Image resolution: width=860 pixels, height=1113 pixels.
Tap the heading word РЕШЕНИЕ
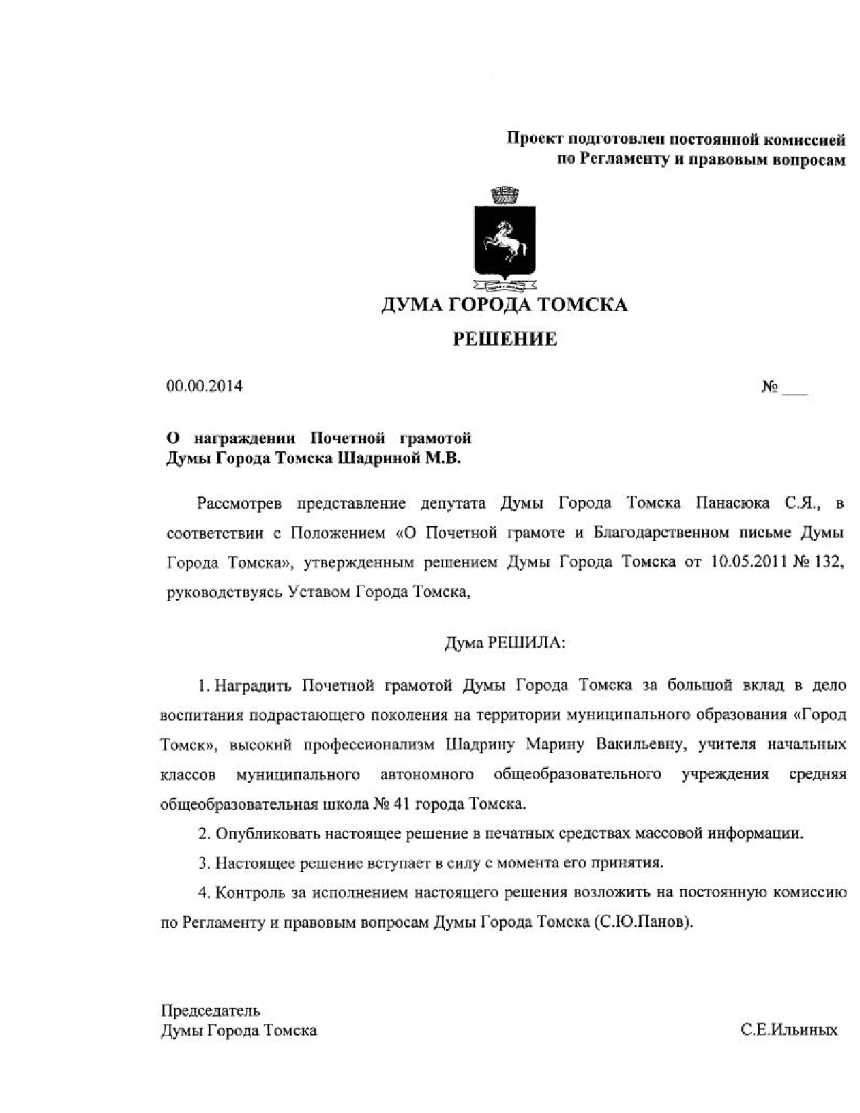(x=505, y=339)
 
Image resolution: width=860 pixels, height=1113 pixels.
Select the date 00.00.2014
(x=204, y=387)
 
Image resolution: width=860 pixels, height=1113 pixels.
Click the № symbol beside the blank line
(x=770, y=387)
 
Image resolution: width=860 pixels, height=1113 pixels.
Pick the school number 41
(x=399, y=805)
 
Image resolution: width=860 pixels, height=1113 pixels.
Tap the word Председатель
(x=210, y=1010)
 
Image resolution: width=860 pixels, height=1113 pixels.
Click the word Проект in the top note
(x=534, y=140)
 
